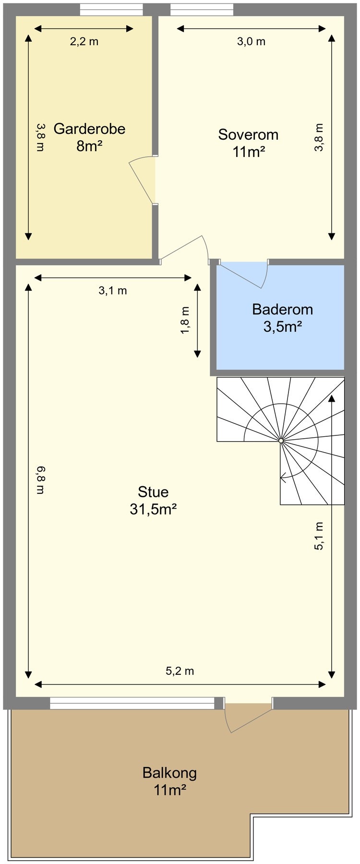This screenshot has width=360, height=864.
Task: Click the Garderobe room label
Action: click(x=89, y=129)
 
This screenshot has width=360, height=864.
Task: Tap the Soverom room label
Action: click(x=248, y=134)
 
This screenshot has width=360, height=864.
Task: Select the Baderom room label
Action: click(x=282, y=309)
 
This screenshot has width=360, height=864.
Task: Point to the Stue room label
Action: click(x=153, y=492)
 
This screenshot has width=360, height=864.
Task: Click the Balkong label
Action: click(x=169, y=773)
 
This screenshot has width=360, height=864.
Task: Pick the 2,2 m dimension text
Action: click(x=84, y=41)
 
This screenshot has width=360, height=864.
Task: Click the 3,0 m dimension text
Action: click(x=251, y=41)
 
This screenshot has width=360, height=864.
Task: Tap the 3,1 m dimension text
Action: click(x=113, y=290)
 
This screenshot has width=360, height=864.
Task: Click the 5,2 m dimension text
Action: click(x=180, y=671)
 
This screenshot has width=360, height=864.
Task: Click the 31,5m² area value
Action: click(x=153, y=509)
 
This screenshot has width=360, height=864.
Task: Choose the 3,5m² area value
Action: click(x=282, y=327)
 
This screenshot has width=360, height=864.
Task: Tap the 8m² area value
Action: click(x=89, y=146)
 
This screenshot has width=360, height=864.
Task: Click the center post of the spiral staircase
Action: click(x=281, y=440)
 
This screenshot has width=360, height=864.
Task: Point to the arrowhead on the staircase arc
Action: click(x=283, y=477)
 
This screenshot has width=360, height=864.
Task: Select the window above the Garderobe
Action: click(x=111, y=10)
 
